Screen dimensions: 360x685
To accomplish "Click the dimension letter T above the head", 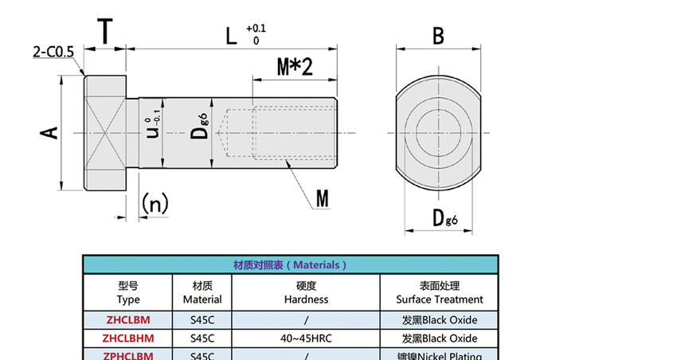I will point(105,31).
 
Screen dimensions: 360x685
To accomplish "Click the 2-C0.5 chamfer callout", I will point(53,53).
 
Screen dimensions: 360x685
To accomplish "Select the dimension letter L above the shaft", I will point(230,36).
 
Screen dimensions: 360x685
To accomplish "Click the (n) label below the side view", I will point(155,204).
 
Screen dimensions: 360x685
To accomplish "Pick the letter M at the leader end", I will point(321,198).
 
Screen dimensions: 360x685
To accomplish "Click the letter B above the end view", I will point(437,36).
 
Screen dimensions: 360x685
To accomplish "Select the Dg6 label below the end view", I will point(444,218).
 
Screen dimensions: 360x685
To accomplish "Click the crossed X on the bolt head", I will point(105,132).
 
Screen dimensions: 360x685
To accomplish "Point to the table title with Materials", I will point(290,264).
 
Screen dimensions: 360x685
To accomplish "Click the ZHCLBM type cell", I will point(128,319).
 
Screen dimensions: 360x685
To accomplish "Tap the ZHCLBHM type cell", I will point(128,338).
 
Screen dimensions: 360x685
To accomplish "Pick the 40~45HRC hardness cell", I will point(306,338).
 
